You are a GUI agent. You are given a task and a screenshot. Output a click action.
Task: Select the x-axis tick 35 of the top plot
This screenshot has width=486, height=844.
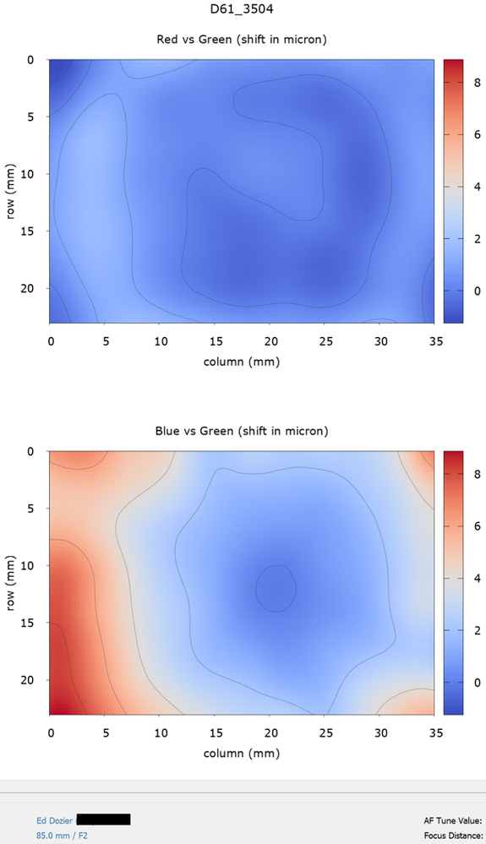click(434, 340)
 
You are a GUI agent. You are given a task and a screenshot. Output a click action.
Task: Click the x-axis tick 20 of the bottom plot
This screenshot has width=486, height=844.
click(270, 732)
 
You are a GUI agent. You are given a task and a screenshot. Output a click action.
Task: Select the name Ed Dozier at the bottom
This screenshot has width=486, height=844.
click(54, 819)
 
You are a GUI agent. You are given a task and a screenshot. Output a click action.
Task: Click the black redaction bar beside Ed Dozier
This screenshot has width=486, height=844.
click(104, 819)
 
